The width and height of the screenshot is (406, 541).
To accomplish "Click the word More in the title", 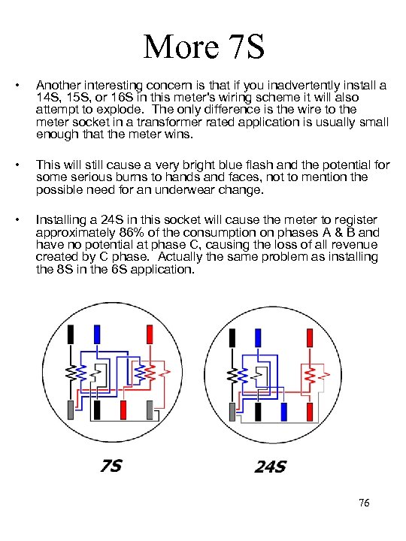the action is tap(181, 47).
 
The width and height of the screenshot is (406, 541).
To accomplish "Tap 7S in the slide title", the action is tap(247, 47).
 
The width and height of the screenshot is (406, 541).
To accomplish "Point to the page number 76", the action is tap(364, 503).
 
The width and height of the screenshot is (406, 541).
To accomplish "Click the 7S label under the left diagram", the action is tap(111, 466).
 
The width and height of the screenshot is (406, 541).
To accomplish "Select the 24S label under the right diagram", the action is tap(271, 467).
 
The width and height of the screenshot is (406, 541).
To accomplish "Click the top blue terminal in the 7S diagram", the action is tap(97, 334).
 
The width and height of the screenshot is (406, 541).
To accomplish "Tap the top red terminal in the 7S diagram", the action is tap(150, 334).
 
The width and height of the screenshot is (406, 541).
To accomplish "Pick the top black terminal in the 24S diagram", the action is tap(232, 338).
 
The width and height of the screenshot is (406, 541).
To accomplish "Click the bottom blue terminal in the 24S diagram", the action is tap(283, 412).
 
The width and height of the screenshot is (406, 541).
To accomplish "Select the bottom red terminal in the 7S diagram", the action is tap(123, 410).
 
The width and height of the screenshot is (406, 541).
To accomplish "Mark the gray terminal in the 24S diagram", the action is tap(232, 412).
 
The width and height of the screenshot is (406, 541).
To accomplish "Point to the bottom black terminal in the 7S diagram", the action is tap(97, 410).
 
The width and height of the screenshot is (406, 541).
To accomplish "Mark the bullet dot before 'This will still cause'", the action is tap(17, 165).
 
